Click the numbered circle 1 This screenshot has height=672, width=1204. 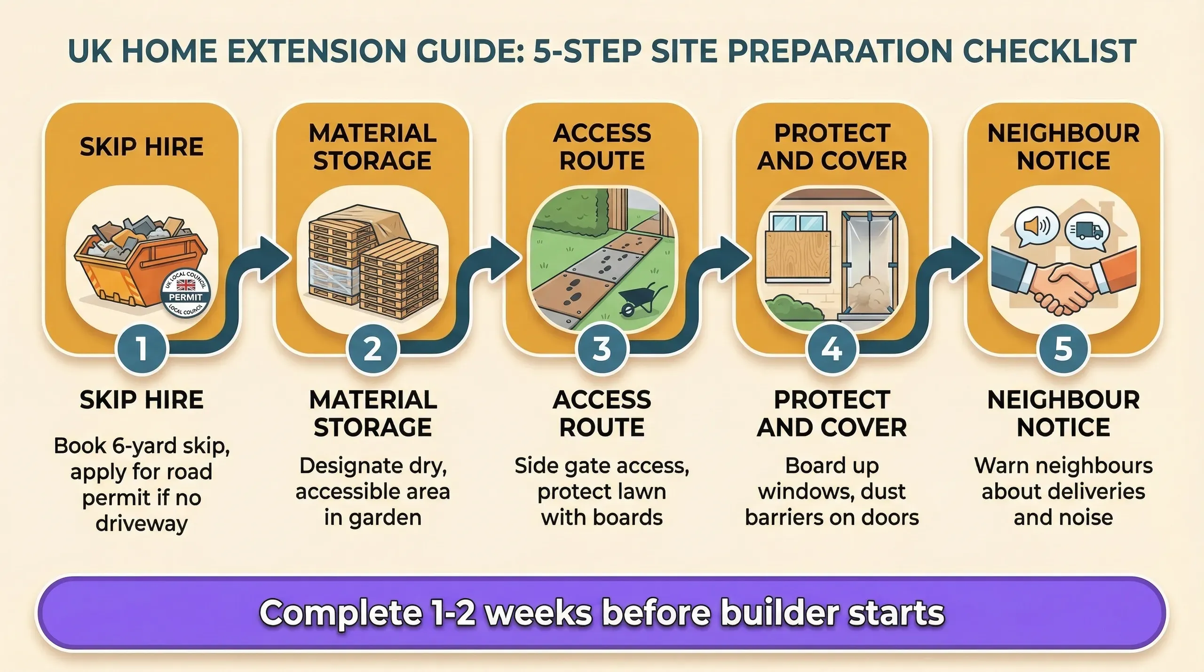coord(142,349)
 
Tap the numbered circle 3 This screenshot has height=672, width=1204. coord(602,349)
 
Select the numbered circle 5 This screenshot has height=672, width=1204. coord(1063,349)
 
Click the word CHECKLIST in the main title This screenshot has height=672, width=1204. coord(1049,51)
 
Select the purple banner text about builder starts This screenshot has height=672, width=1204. coord(602,613)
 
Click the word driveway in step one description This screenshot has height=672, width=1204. coord(142,523)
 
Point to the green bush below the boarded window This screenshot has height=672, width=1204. coord(794,307)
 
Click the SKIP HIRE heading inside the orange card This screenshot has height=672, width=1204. coord(142,147)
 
